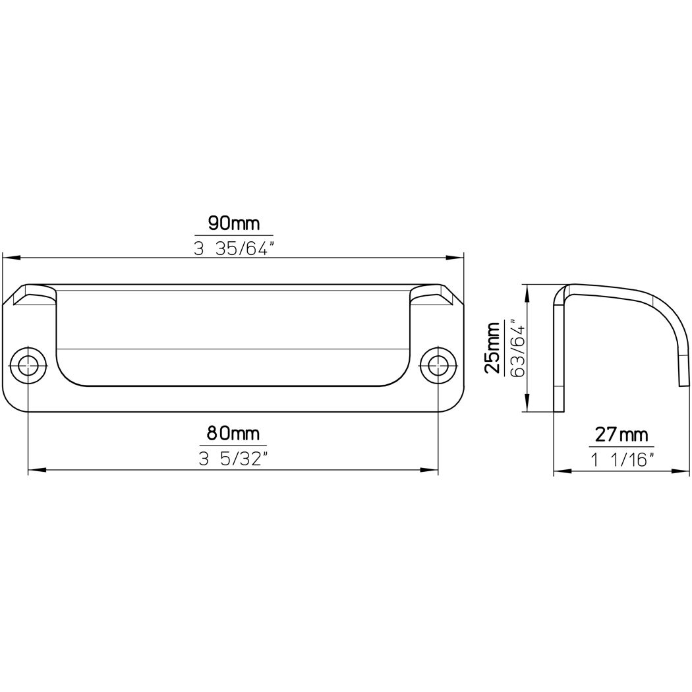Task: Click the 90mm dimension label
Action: [234, 224]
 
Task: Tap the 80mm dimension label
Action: [233, 434]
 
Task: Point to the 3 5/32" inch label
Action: [233, 460]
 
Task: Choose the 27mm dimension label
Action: [622, 435]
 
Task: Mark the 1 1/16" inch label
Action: [622, 460]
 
